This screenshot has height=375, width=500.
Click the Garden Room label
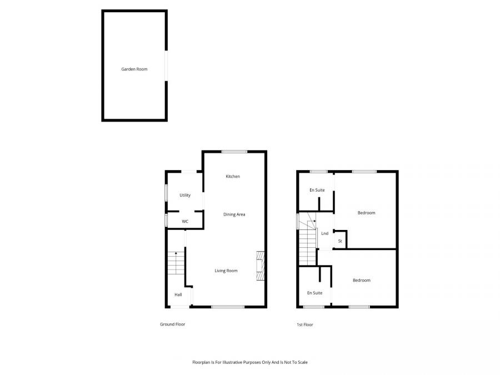coord(134,69)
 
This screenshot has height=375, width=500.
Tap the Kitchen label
coord(233,177)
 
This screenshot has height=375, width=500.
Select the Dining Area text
coord(234,214)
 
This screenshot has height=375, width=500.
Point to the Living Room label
coord(226,271)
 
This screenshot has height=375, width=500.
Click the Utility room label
coord(185,196)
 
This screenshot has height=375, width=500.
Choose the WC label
coord(185,222)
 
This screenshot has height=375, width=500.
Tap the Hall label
coord(178,294)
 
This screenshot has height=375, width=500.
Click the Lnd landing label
coord(324,233)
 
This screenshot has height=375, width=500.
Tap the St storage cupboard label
coord(340,241)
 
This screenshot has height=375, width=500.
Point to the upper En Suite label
coord(317,191)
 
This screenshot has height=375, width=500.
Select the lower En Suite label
coord(314,293)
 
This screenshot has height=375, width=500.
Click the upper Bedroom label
coord(366,213)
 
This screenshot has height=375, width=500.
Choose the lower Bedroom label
coord(361,281)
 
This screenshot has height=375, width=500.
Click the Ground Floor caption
coord(172,324)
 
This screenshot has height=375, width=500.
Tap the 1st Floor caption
coord(304,324)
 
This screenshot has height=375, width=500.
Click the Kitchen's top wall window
coord(234,151)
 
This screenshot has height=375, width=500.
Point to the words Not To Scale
coord(295,362)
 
